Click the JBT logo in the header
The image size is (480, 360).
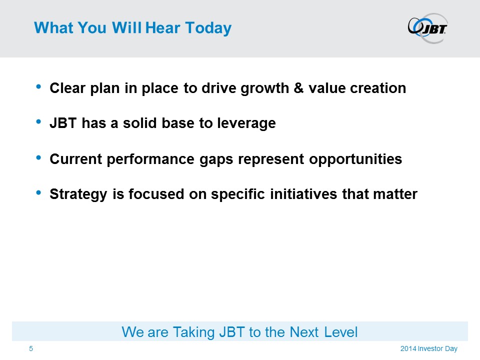click(427, 28)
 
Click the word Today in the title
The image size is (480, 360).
click(208, 28)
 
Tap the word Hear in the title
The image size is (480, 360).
click(162, 27)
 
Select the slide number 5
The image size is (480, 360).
click(31, 348)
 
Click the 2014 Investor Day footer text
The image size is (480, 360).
click(429, 348)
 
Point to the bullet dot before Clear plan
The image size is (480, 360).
click(38, 86)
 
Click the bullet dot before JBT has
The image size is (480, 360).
click(38, 122)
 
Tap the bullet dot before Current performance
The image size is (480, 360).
click(38, 157)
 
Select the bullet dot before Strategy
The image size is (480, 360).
click(38, 192)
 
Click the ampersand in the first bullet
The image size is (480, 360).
click(298, 88)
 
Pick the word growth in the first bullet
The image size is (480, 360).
click(265, 89)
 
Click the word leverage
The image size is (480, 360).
click(246, 123)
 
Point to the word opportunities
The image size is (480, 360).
click(355, 159)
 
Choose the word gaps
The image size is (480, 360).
click(216, 160)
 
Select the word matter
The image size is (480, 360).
click(395, 194)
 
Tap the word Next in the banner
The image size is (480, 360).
click(304, 332)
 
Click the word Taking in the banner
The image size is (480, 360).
click(194, 333)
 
